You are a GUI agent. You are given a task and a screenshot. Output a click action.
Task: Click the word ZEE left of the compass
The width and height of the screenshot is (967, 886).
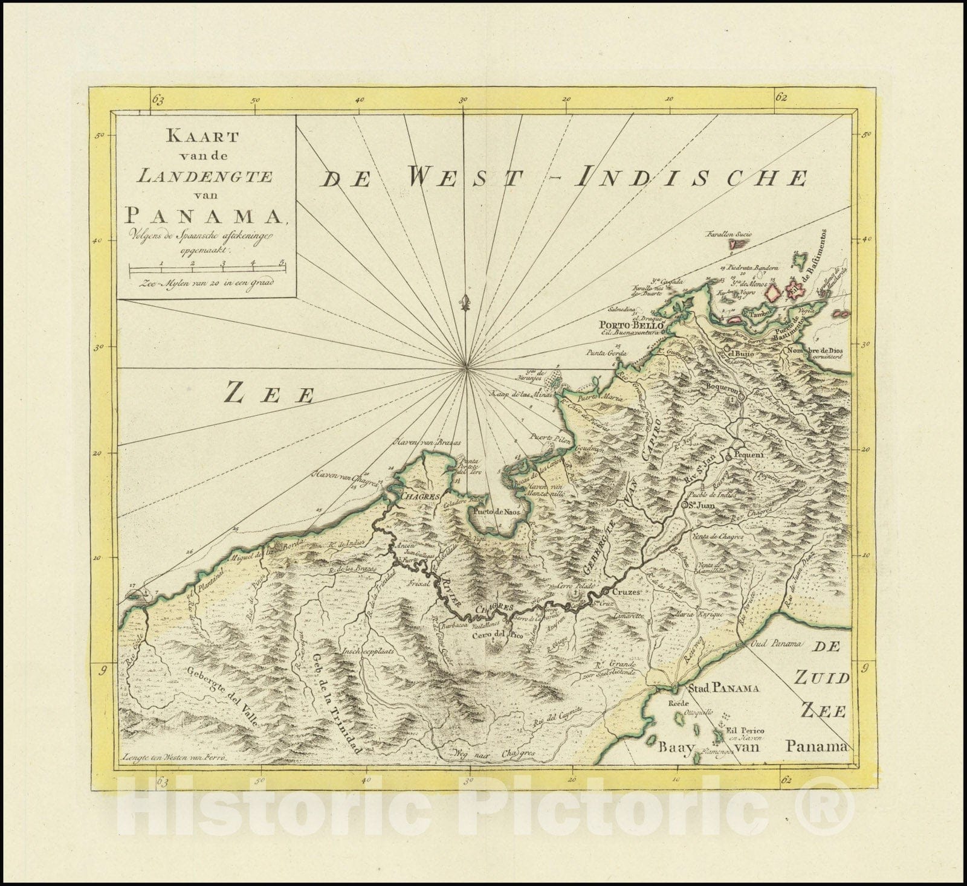[270, 395]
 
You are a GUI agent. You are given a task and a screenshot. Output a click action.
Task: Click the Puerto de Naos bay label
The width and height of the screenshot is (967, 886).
[496, 512]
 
